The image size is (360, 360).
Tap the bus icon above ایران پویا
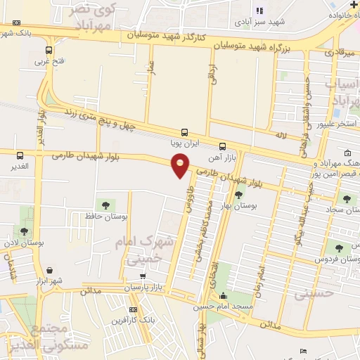[184, 132]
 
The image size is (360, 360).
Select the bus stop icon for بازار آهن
[223, 147]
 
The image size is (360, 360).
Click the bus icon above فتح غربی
[49, 50]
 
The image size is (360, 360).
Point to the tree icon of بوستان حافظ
[105, 205]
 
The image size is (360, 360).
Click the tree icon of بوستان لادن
[25, 231]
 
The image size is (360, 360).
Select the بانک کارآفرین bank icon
[134, 309]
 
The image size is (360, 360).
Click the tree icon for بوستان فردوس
[340, 247]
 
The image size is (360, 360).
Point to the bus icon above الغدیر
[20, 156]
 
